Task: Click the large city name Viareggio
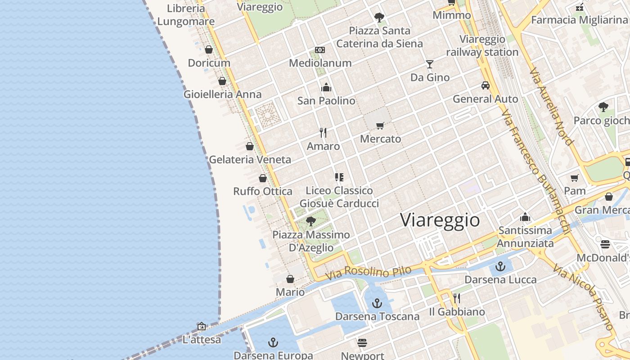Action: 440,220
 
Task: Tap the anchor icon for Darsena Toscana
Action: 377,303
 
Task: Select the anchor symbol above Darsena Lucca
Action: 500,267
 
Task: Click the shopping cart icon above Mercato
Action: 380,126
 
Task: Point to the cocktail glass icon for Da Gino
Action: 430,64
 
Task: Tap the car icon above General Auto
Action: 485,85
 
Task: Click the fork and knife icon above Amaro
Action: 323,133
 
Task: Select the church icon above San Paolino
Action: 326,87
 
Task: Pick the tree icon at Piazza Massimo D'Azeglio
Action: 310,221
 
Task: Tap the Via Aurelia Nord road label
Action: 551,107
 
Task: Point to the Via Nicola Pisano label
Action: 584,297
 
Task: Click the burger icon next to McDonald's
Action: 605,244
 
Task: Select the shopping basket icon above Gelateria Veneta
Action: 250,146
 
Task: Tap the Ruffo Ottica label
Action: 262,191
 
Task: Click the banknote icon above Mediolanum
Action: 320,50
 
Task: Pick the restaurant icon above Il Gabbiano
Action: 456,298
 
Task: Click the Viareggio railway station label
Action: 482,45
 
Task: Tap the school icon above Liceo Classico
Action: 339,177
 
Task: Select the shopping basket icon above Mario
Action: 290,279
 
